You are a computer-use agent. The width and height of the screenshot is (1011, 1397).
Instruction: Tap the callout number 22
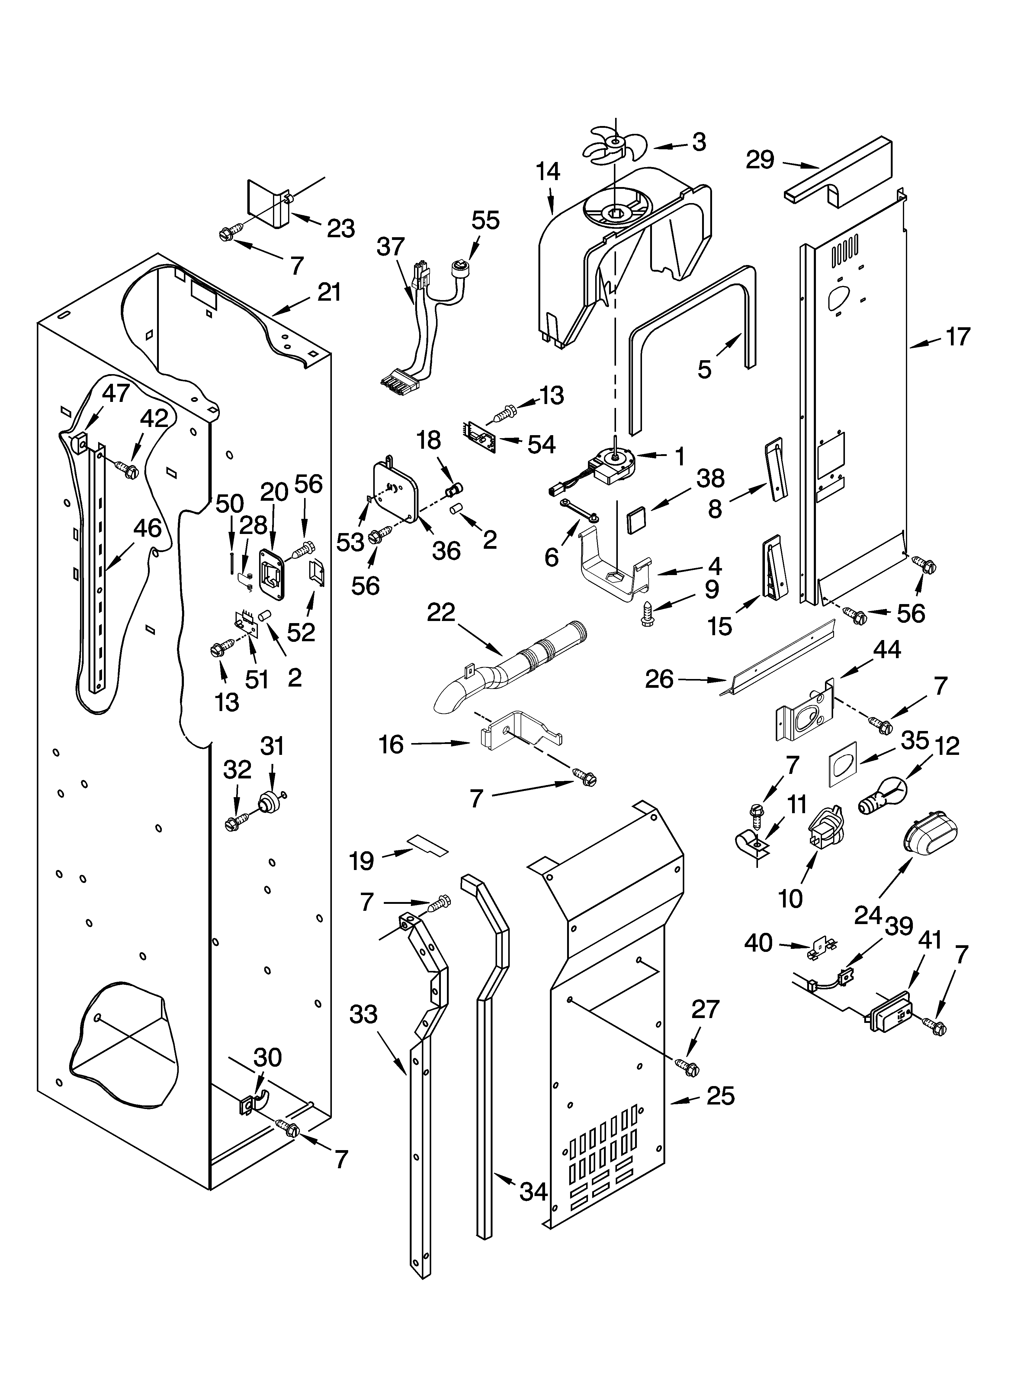tap(441, 612)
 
